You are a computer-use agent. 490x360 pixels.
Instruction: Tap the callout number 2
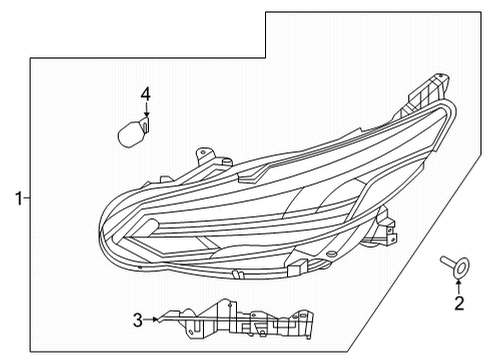tap(459, 302)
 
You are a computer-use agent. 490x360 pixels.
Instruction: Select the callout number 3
tap(137, 320)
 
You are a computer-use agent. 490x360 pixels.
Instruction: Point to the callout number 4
tap(145, 95)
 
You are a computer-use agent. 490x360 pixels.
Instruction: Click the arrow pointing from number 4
tap(145, 113)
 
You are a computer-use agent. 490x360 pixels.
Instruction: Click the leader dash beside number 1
tap(28, 199)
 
